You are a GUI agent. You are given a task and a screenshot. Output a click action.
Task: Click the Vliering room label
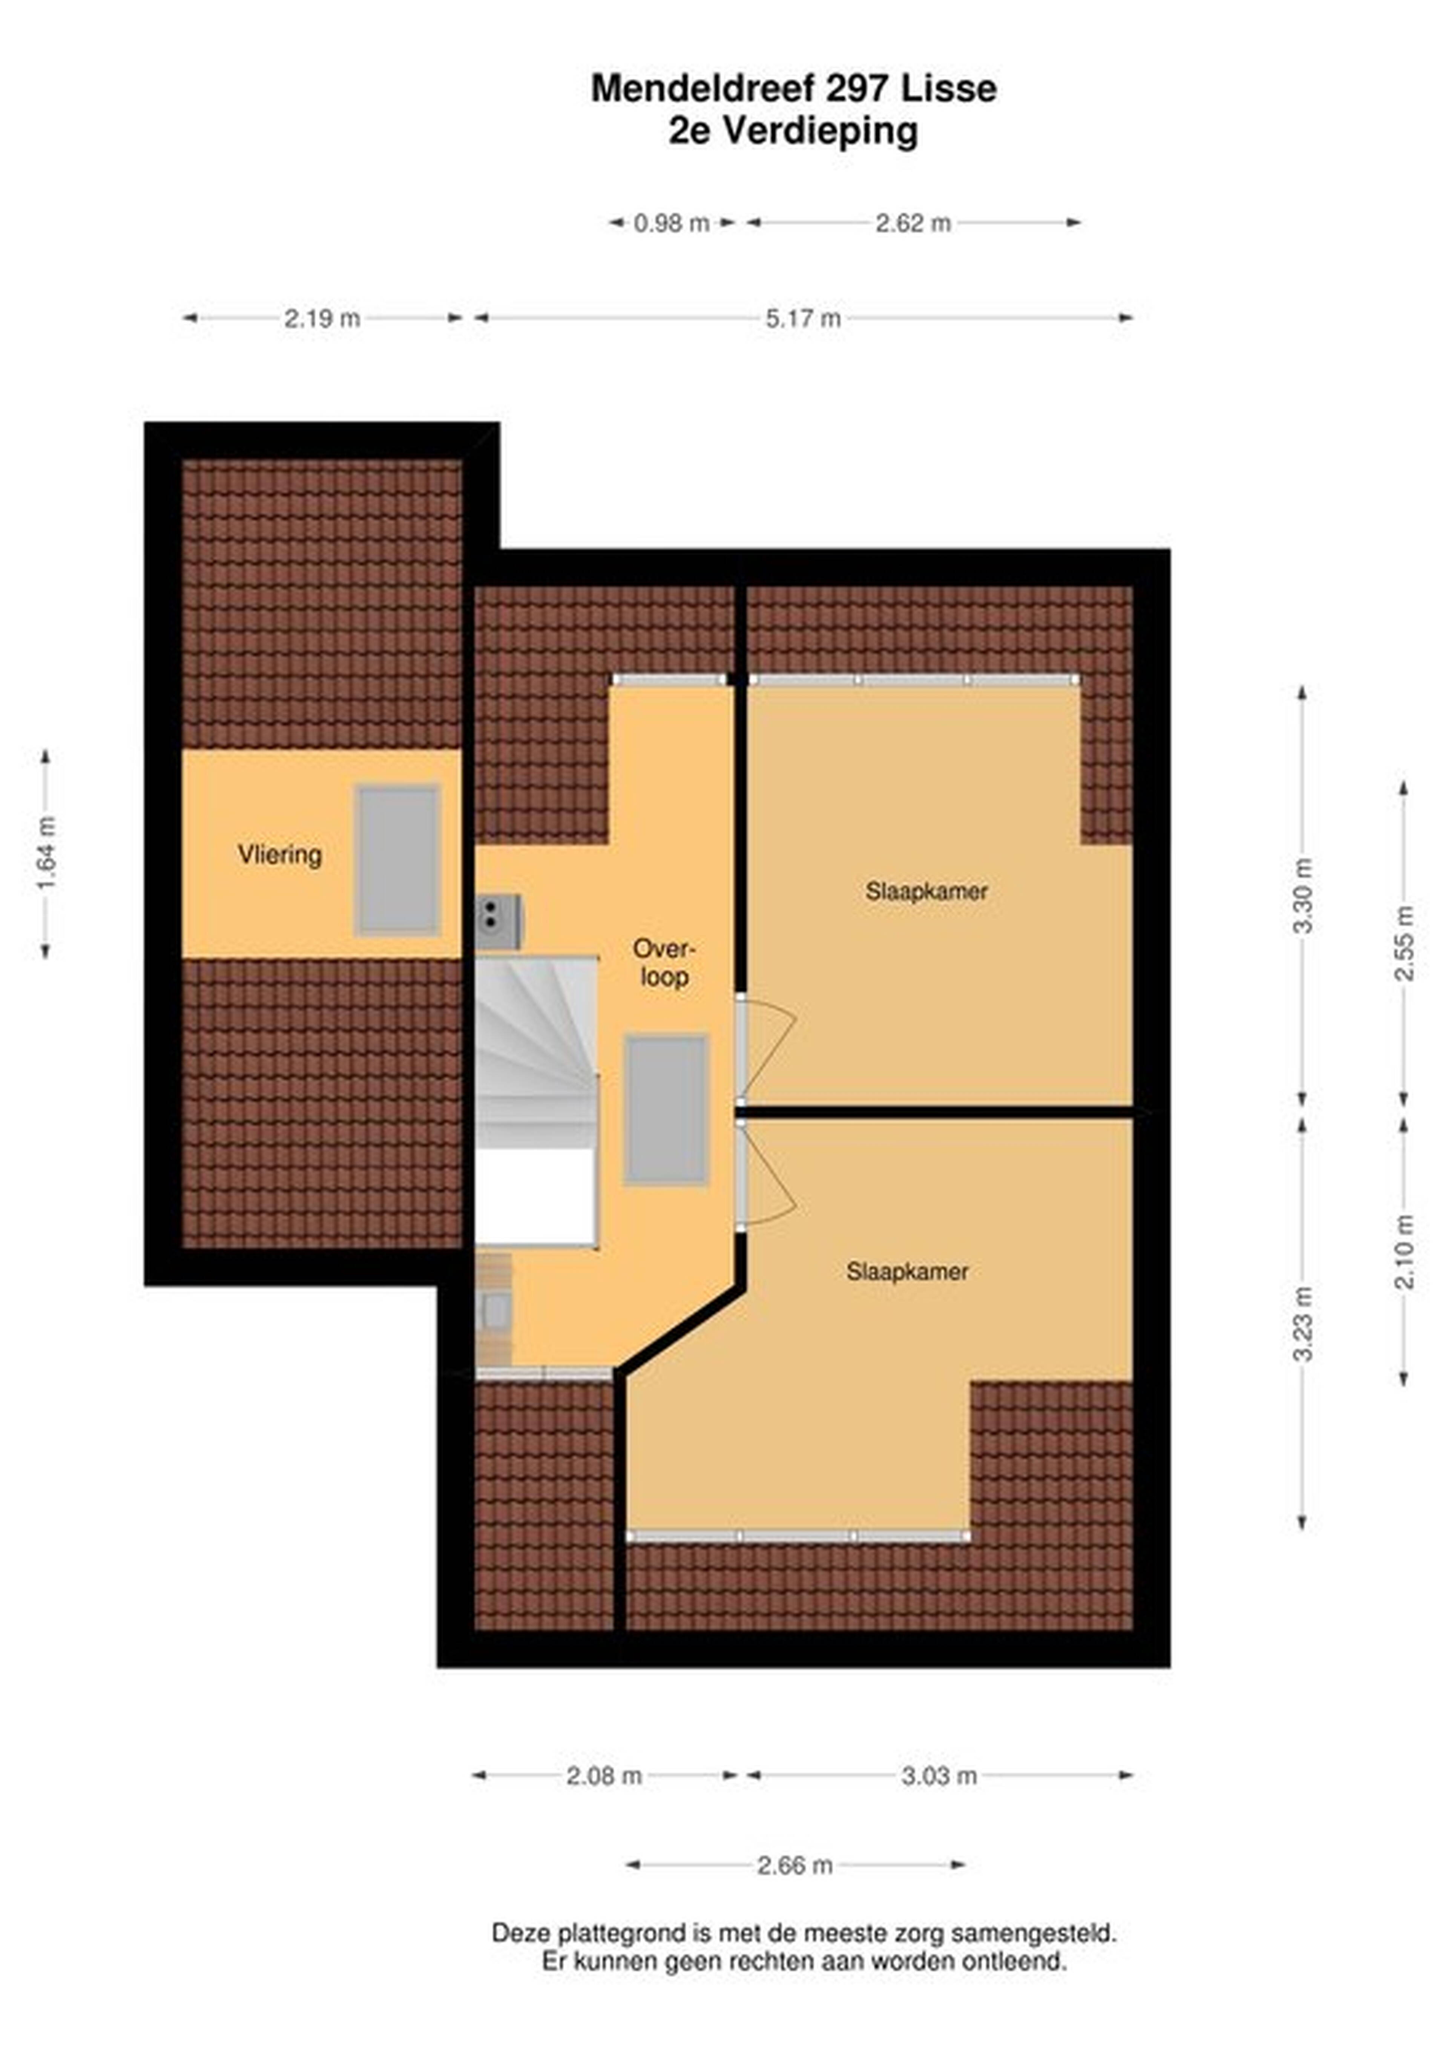pos(279,854)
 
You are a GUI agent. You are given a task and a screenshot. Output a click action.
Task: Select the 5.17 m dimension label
pos(803,318)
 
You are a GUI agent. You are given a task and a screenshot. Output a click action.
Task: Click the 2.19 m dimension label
pos(322,318)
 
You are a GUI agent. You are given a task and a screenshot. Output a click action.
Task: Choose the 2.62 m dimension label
pos(913,223)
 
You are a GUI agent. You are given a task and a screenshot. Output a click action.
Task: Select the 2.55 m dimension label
pos(1404,943)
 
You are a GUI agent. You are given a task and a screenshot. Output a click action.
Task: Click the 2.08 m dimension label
pos(604,1776)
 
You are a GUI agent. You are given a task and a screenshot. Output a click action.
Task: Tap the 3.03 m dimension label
pos(939,1776)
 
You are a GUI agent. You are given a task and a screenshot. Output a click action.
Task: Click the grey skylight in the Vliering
pos(398,860)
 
